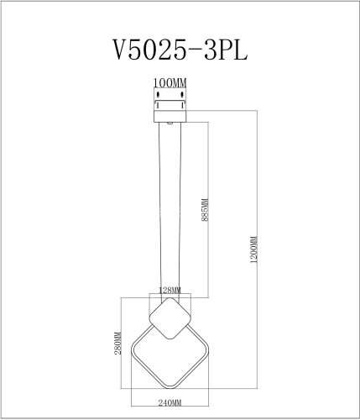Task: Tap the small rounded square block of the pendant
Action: point(170,318)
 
